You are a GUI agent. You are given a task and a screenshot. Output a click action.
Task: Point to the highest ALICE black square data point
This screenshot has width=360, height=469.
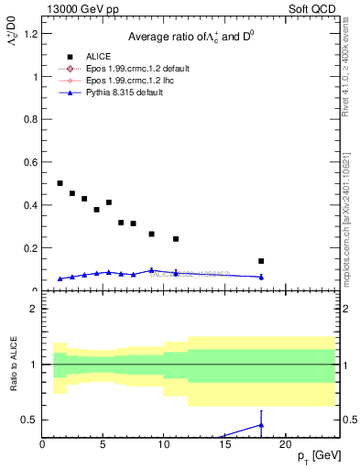point(60,183)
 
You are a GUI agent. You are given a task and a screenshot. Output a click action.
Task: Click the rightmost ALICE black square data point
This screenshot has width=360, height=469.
point(261,261)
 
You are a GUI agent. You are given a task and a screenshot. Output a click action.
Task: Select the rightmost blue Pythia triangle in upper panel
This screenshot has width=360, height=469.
point(261,277)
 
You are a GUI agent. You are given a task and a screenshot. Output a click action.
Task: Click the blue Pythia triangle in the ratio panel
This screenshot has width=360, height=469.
point(261,425)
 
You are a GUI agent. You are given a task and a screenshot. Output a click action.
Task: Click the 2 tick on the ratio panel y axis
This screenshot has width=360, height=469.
point(36,309)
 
